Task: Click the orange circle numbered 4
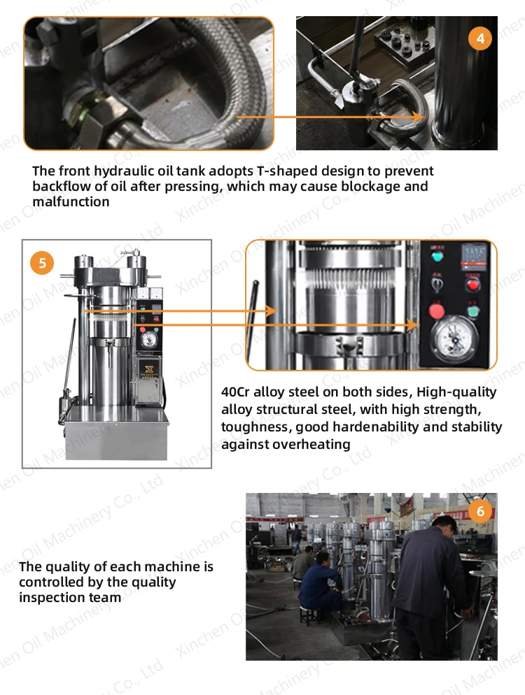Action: pos(480,38)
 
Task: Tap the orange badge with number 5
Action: pos(42,263)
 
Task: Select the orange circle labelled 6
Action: pos(480,511)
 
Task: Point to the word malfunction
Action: pos(71,201)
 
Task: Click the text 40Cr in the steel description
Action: pos(235,392)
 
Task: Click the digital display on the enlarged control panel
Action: pos(475,256)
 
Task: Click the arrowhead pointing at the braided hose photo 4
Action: pos(419,117)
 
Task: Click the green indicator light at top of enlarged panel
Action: pos(437,256)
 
